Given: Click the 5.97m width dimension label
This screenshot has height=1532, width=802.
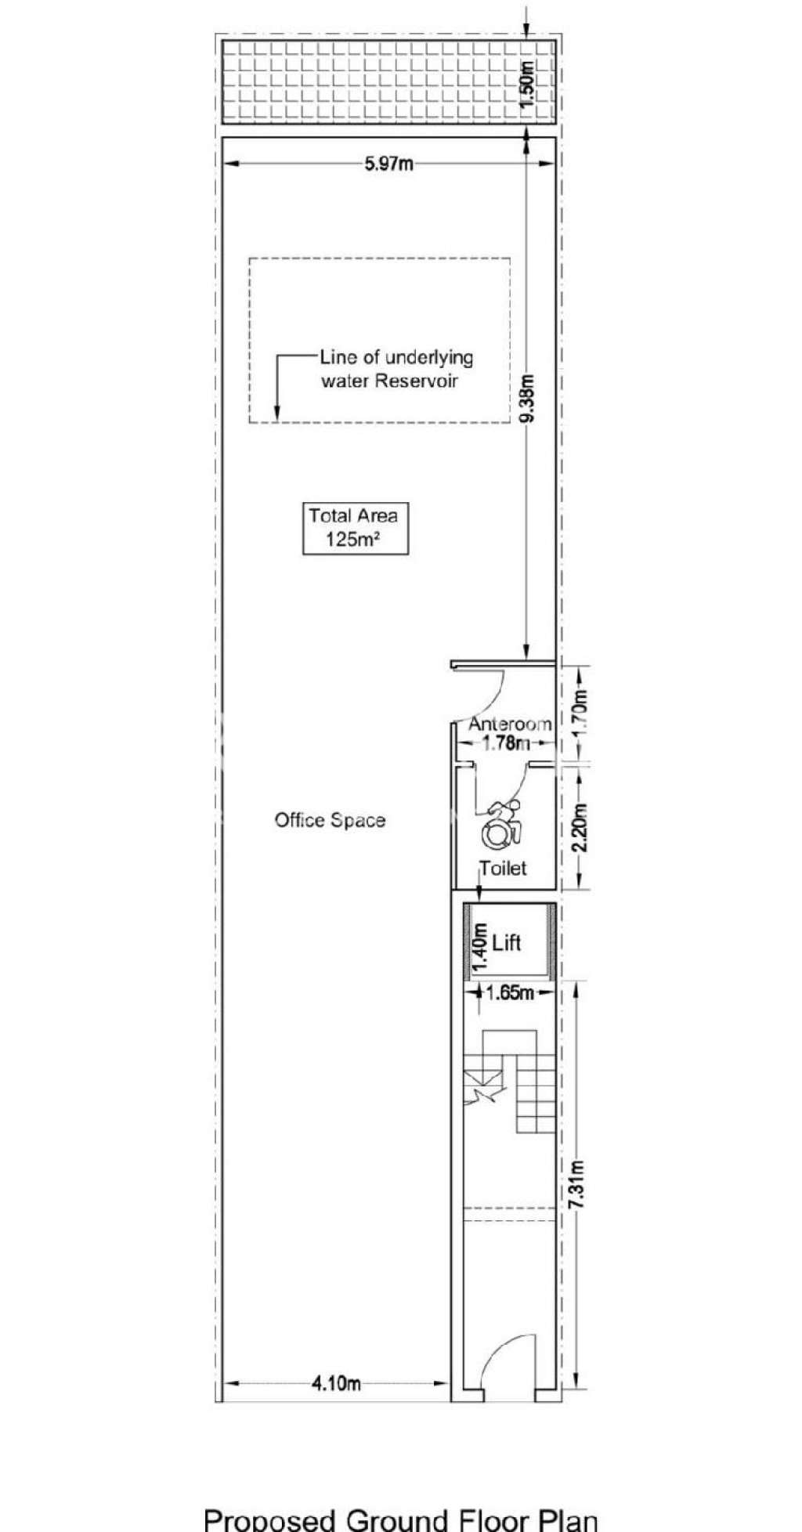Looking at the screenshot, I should point(389,164).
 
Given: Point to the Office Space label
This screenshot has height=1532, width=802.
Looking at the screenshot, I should point(330,820).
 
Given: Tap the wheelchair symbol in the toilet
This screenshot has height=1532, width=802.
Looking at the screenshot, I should point(498,825).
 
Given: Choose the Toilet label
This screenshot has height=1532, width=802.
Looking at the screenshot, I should point(503,868).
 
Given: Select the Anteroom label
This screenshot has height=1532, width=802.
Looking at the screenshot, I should point(509,724).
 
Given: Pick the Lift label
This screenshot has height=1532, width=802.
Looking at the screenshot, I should point(507,943).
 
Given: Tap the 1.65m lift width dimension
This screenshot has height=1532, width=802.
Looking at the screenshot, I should point(510,993).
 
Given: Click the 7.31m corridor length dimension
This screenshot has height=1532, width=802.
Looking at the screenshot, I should point(579,1183).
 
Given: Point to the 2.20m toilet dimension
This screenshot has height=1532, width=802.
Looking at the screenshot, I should point(579,829).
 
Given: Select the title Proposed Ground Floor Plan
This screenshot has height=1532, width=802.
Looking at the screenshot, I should point(401,1519).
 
